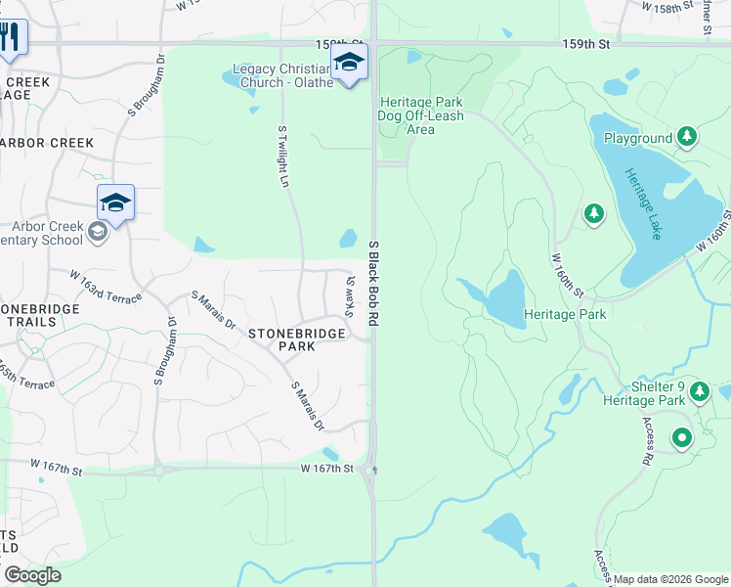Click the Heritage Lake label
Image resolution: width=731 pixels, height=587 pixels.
click(644, 204)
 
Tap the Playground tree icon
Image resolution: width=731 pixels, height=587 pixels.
click(687, 138)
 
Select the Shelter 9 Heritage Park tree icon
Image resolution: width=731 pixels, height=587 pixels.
click(699, 392)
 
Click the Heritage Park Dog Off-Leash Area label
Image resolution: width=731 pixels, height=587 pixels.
click(420, 115)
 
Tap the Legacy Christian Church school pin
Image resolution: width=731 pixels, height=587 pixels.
click(349, 64)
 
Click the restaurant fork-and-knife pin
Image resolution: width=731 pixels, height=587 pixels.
click(11, 38)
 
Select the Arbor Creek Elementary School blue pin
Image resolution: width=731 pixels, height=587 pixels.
click(115, 203)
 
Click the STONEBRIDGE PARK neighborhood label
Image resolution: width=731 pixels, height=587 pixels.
click(296, 339)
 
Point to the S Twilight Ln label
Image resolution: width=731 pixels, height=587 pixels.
click(283, 157)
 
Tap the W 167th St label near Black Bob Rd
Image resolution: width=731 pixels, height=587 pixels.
click(325, 470)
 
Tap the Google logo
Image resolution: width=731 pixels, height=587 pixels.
click(32, 575)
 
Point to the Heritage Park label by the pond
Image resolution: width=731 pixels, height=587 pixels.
click(565, 314)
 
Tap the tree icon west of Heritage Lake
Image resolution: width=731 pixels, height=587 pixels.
click(593, 212)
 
